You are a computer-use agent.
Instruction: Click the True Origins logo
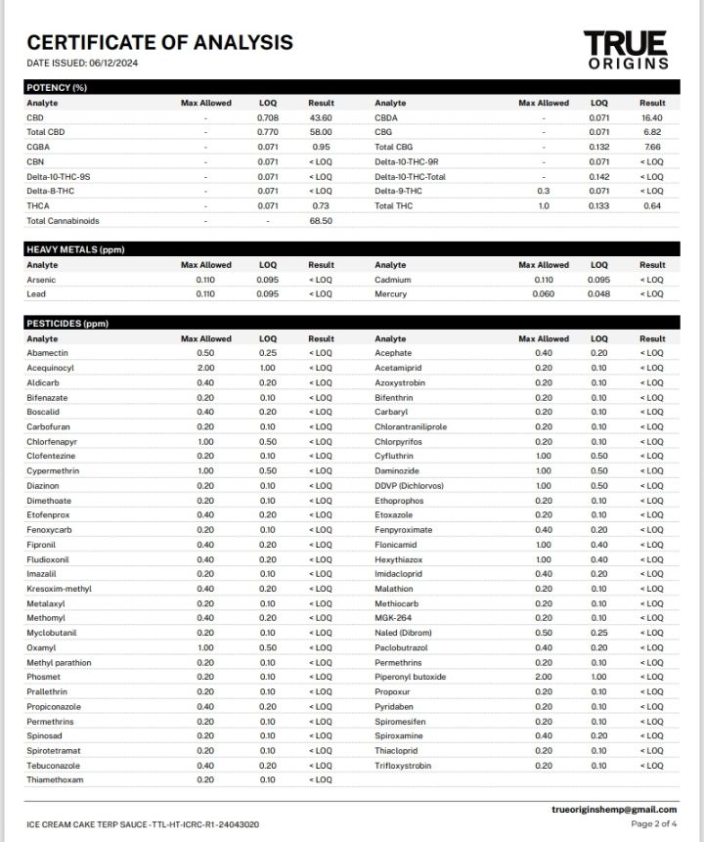[x=627, y=50]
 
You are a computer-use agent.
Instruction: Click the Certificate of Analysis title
[x=159, y=42]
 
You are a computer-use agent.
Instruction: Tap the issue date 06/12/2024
[x=115, y=64]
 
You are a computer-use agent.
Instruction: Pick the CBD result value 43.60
[x=321, y=117]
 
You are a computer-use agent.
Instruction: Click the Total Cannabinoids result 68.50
[x=321, y=221]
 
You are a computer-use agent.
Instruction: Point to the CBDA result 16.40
[x=652, y=117]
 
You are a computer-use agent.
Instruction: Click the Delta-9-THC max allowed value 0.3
[x=543, y=191]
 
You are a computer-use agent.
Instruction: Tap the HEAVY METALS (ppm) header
[x=75, y=249]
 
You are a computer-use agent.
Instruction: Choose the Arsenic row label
[x=42, y=280]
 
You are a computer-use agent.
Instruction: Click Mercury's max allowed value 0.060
[x=543, y=294]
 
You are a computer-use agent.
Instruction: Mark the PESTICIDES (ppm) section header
[x=67, y=324]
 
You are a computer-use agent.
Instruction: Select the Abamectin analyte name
[x=48, y=353]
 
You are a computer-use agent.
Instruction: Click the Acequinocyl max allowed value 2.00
[x=205, y=368]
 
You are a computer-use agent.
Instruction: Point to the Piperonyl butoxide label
[x=411, y=677]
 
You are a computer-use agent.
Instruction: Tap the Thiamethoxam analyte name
[x=55, y=780]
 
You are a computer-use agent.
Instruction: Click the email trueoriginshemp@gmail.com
[x=614, y=810]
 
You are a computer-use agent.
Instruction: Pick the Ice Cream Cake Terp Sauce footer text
[x=143, y=824]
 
